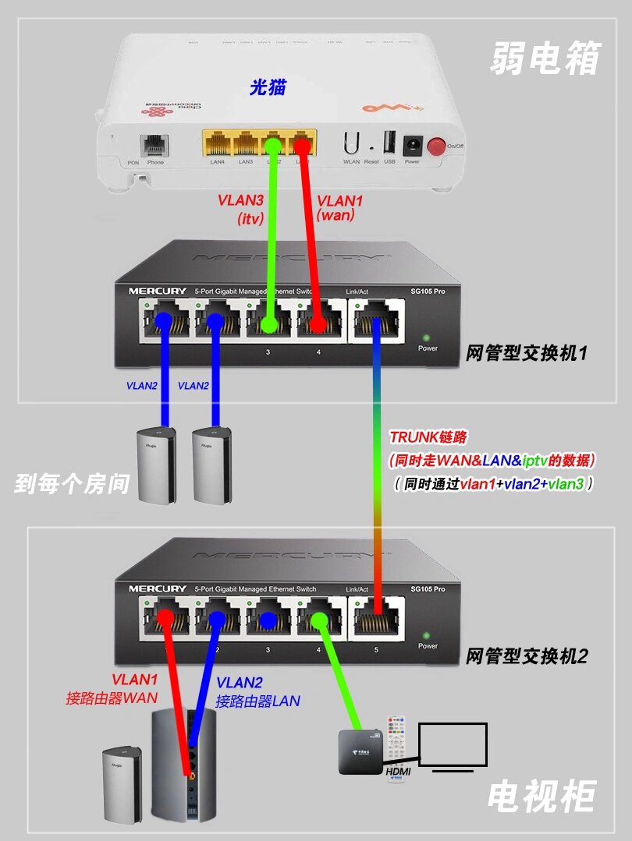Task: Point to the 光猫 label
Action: tap(268, 87)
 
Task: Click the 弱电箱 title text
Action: tap(545, 58)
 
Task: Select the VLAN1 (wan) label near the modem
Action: tap(339, 209)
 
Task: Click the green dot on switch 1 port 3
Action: tap(268, 322)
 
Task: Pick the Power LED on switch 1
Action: tap(425, 338)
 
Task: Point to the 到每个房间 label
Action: tap(71, 483)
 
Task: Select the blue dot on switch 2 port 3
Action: tap(268, 620)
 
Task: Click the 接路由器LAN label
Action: tap(257, 700)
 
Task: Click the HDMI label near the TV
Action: tap(399, 771)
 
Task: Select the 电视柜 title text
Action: tap(542, 796)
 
